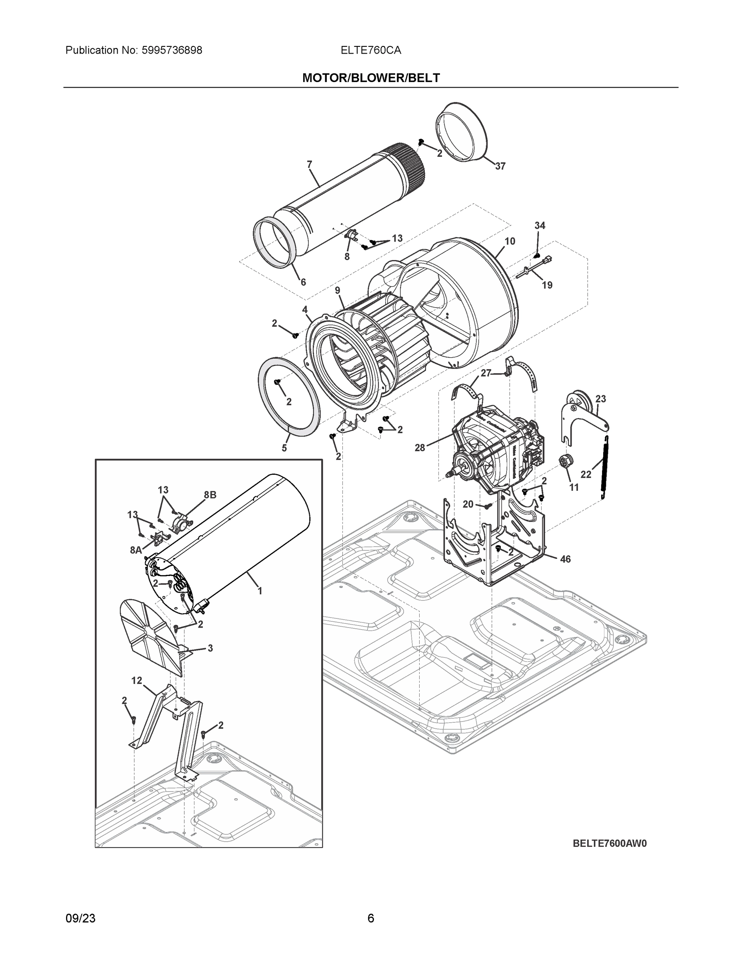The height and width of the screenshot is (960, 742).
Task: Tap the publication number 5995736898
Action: pos(172,50)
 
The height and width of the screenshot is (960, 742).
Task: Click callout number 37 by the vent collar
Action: pos(500,166)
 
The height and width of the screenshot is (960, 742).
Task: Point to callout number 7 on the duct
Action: pos(310,164)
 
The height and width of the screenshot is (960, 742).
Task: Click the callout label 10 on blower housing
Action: pos(510,241)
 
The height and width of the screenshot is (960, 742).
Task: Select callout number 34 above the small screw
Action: pos(540,226)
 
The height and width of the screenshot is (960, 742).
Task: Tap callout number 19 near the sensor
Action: pos(547,285)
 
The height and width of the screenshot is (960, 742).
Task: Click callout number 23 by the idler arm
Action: pos(600,399)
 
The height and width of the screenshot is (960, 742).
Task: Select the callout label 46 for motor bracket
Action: pos(565,559)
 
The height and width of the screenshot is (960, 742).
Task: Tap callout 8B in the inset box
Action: pos(210,494)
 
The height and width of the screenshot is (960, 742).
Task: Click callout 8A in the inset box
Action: pos(136,550)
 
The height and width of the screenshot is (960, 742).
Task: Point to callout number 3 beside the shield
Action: pos(210,648)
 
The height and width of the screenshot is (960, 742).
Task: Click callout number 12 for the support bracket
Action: pos(137,680)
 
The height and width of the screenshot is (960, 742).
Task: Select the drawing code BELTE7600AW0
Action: pos(610,844)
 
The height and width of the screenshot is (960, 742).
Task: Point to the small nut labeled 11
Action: pos(565,461)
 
